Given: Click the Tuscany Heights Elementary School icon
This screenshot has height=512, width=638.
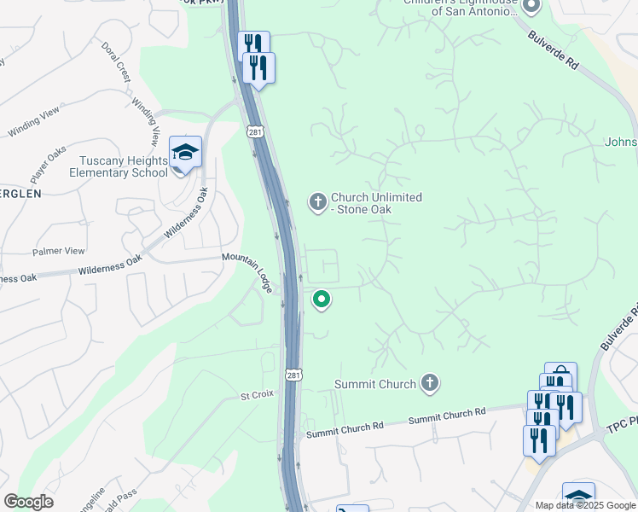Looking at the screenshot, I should pos(185,154).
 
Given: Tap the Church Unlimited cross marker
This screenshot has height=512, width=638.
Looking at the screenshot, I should pos(317,202).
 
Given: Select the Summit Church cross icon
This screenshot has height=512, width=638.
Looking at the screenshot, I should pos(430,383).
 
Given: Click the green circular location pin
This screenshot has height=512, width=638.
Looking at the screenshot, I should pos(322,300).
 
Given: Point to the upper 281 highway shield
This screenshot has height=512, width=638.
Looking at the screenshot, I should pos(256,131).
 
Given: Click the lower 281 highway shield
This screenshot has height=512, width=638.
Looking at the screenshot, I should pos(293,375).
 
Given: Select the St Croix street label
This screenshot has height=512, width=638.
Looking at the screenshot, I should pos(255,396).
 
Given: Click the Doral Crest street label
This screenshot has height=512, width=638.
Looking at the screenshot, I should pos(116,61).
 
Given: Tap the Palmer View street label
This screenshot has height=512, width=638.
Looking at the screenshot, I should pos(59,251).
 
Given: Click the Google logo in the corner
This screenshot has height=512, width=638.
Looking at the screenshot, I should pos(29,501).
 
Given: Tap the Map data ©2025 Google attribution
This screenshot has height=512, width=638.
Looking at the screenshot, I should pos(586,505).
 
